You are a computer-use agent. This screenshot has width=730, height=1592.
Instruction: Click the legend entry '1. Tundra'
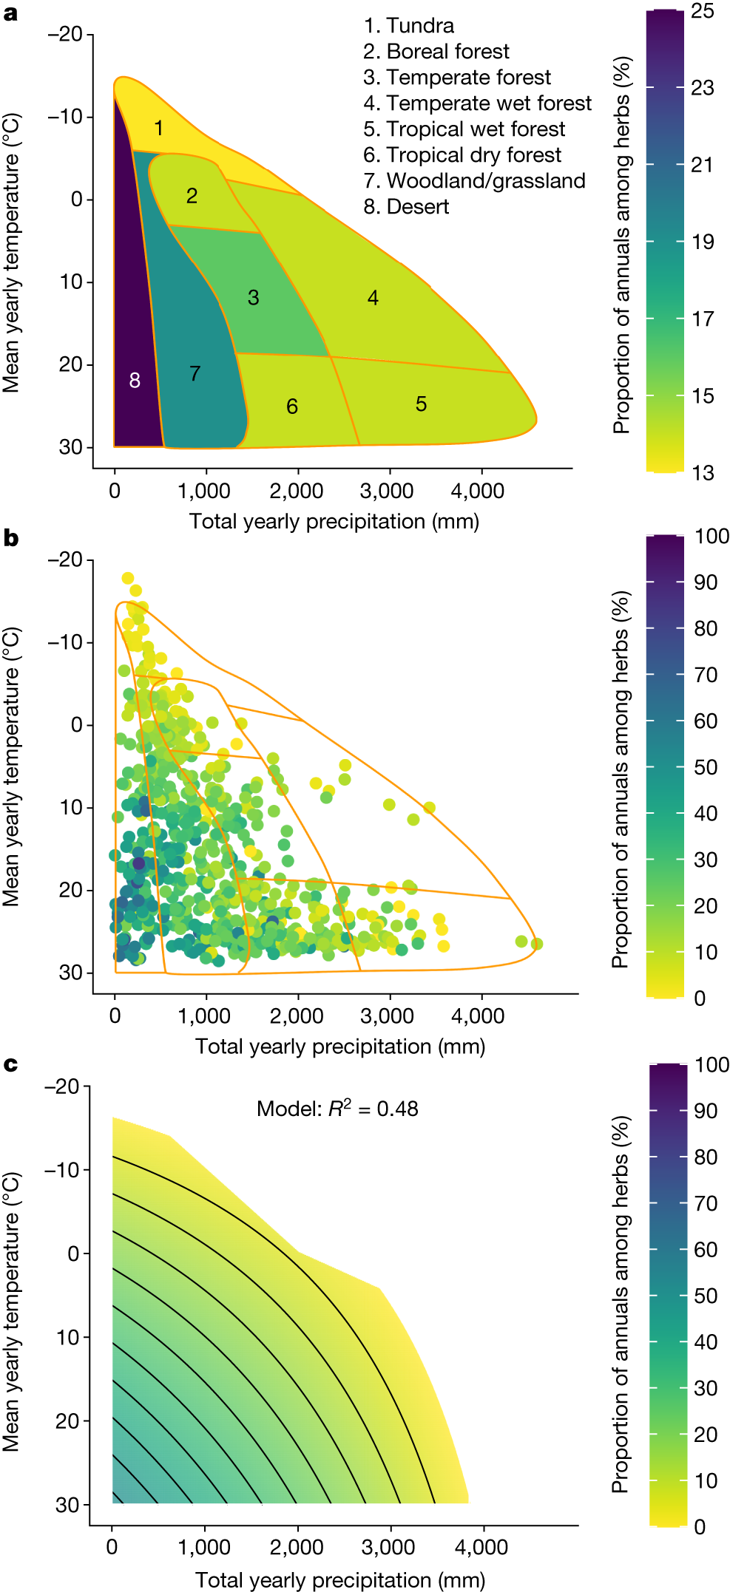coord(408,26)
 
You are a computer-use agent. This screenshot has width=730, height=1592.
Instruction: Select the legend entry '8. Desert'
coord(406,207)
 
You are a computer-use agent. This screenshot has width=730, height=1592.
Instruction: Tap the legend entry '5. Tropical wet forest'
coord(464,129)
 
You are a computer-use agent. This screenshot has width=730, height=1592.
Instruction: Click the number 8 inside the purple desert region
coord(135,381)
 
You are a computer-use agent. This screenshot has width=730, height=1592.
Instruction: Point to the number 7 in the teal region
coord(195,374)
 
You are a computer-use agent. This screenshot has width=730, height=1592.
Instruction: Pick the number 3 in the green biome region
coord(253,298)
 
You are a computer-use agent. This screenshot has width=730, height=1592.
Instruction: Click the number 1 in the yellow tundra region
coord(158,129)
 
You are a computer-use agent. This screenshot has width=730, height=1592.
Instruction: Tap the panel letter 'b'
coord(10,538)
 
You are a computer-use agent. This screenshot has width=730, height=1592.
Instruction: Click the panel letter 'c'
coord(10,1064)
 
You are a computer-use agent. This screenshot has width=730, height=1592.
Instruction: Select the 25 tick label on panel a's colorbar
coord(703,11)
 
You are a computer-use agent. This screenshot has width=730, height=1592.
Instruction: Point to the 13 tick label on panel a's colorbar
coord(703,473)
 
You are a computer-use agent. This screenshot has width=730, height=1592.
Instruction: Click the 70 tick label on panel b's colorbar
coord(706,675)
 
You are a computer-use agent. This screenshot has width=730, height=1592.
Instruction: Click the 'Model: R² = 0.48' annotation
coord(337,1109)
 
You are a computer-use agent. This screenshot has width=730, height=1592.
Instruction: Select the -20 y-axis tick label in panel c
coord(61,1086)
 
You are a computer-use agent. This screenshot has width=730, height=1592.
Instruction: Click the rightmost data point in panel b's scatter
coord(537,944)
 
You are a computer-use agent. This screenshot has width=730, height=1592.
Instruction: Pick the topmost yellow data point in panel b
coord(127,578)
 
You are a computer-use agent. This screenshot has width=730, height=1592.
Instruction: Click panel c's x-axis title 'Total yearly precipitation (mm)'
coord(340,1580)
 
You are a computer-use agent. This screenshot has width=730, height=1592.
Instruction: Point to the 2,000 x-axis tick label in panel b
coord(296,1016)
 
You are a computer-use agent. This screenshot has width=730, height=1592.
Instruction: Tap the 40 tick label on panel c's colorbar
coord(706,1341)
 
